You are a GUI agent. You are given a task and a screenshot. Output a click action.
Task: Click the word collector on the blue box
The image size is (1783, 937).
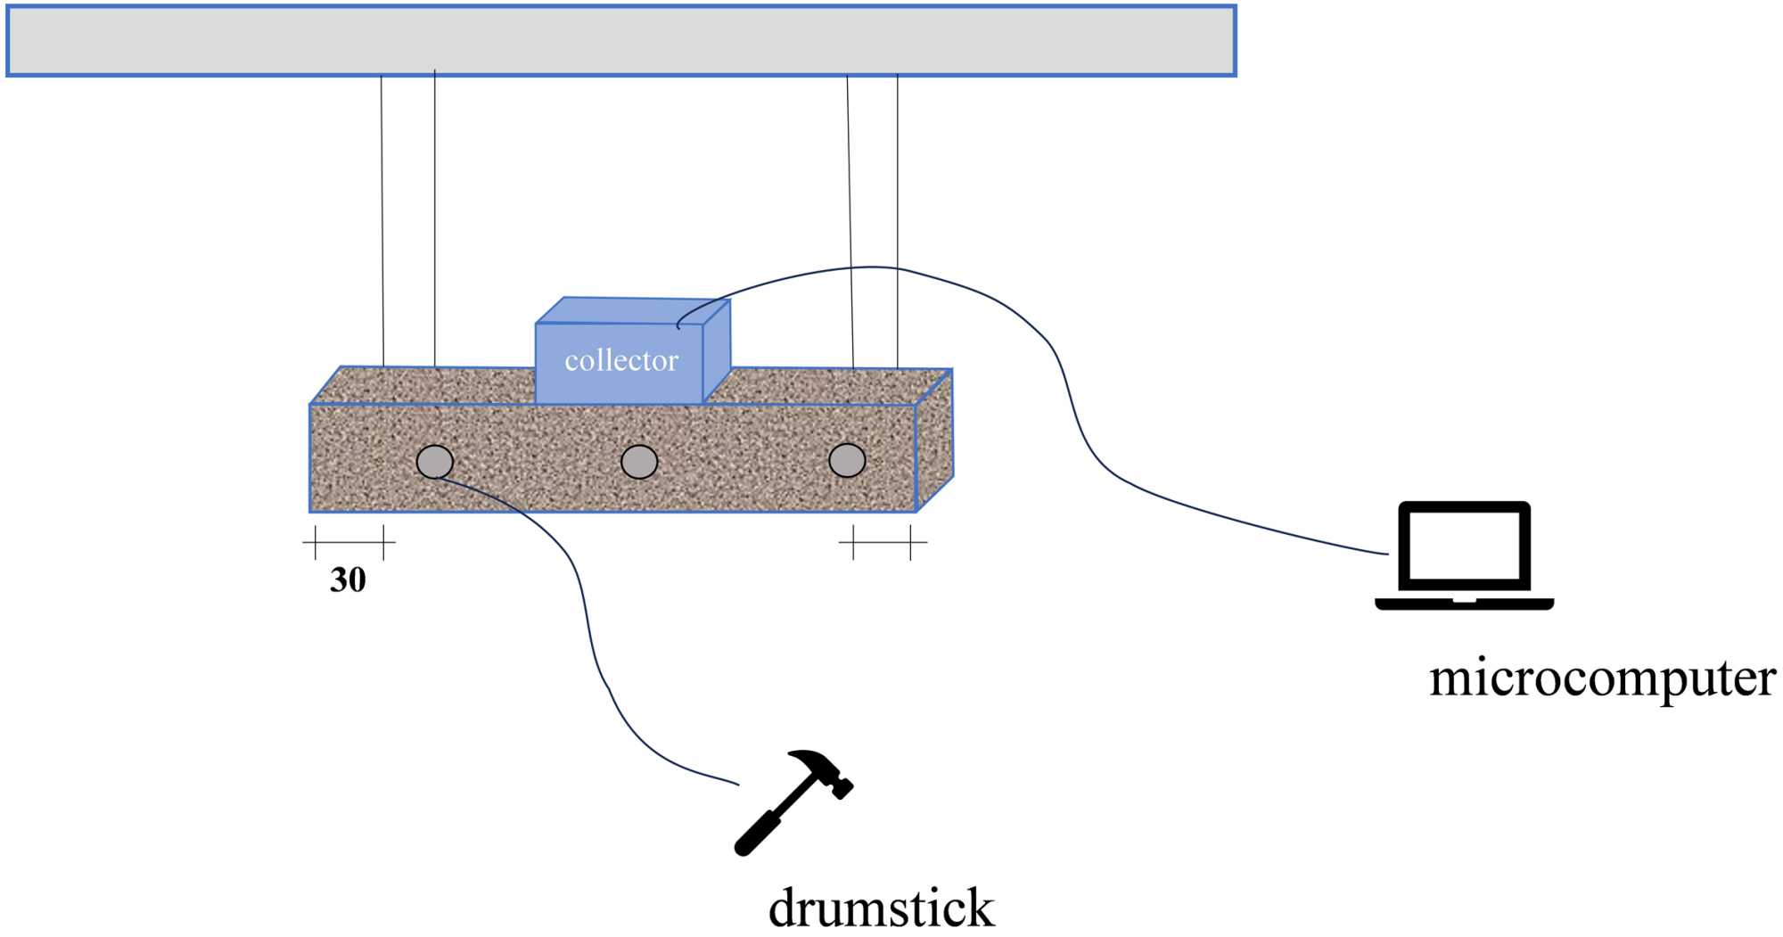(x=621, y=360)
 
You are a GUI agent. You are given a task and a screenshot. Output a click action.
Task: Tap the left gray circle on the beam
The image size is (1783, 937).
(x=435, y=462)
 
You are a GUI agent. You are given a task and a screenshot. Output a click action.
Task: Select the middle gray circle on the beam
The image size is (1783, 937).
(x=639, y=462)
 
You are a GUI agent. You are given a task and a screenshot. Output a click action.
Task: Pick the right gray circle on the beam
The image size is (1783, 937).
(x=847, y=460)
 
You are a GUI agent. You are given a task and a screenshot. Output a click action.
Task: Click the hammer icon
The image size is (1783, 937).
(x=793, y=801)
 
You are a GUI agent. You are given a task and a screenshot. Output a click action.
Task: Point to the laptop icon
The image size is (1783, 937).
(x=1464, y=555)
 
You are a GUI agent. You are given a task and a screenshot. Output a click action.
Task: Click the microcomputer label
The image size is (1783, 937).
(x=1602, y=678)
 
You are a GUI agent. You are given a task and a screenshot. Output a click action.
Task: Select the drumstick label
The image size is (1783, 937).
(x=881, y=908)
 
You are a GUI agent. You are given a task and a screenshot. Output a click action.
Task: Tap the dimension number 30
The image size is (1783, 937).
(x=348, y=580)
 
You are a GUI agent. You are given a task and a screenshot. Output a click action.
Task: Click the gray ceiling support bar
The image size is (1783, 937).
(x=620, y=41)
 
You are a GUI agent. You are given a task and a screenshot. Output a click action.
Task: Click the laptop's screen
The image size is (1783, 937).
(x=1464, y=546)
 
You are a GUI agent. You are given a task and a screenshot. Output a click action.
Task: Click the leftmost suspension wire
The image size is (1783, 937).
(x=382, y=223)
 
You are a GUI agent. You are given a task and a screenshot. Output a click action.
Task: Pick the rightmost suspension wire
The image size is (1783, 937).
(x=897, y=223)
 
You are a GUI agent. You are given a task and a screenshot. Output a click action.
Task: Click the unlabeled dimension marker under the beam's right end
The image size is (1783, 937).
(x=882, y=541)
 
